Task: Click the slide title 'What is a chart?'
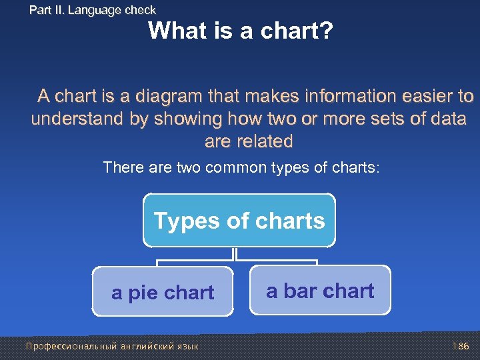point(240,31)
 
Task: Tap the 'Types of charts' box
point(239,221)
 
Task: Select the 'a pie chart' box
point(163,292)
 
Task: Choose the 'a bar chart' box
point(320,291)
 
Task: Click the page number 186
point(461,347)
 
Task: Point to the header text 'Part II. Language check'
point(92,10)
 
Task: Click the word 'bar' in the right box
point(299,291)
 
